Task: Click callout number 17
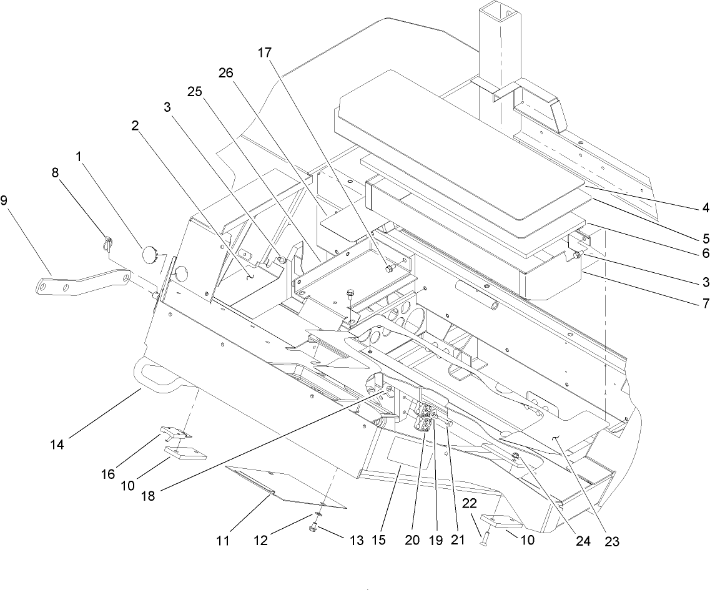(264, 53)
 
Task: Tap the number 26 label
(225, 73)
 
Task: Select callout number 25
(195, 91)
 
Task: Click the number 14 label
(58, 445)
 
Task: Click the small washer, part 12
(318, 515)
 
